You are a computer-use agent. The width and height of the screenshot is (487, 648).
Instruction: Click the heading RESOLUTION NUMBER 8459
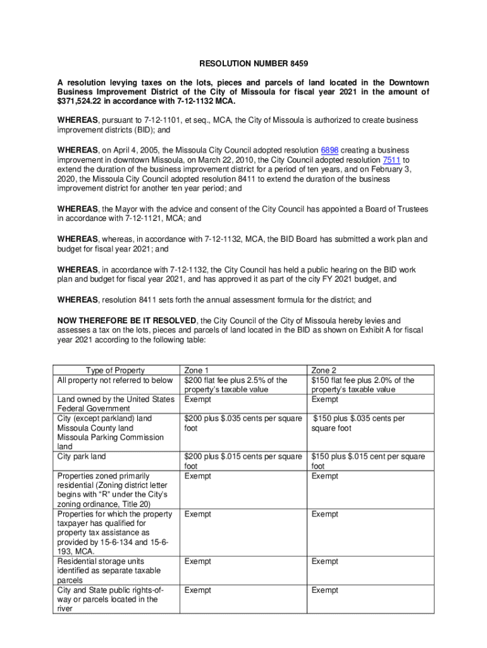click(245, 64)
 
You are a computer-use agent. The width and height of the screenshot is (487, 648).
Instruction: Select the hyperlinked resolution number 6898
click(330, 150)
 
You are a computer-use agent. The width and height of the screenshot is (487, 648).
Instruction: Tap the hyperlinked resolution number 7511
click(392, 159)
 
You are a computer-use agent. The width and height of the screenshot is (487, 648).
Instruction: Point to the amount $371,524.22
click(80, 101)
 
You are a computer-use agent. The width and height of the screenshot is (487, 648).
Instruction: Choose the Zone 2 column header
click(324, 370)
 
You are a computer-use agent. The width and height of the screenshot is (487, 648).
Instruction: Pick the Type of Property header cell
click(115, 370)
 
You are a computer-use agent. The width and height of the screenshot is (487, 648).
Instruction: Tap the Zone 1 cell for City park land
click(243, 461)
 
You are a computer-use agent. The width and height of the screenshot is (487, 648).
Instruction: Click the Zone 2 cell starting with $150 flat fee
click(362, 385)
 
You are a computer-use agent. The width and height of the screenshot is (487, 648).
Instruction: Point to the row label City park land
click(82, 456)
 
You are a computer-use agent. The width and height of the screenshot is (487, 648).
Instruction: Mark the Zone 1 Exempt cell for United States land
click(197, 399)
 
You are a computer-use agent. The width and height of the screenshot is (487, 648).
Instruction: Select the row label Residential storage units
click(101, 561)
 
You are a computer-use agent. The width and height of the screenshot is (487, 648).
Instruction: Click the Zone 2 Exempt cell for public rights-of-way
click(324, 590)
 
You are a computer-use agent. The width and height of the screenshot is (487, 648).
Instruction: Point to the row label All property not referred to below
click(115, 380)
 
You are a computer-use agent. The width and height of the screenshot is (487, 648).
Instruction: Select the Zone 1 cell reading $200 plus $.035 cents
click(243, 423)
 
